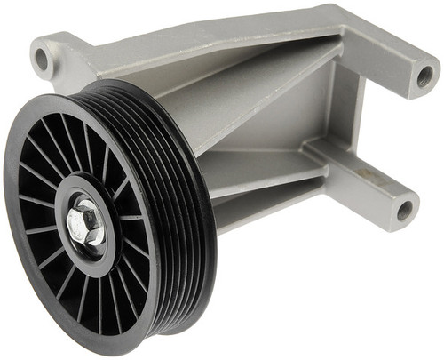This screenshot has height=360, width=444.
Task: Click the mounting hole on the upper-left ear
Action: pyautogui.click(x=41, y=60)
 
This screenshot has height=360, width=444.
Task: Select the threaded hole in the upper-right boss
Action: pyautogui.click(x=424, y=76)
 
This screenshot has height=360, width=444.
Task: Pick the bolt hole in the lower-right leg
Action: pyautogui.click(x=404, y=211)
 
